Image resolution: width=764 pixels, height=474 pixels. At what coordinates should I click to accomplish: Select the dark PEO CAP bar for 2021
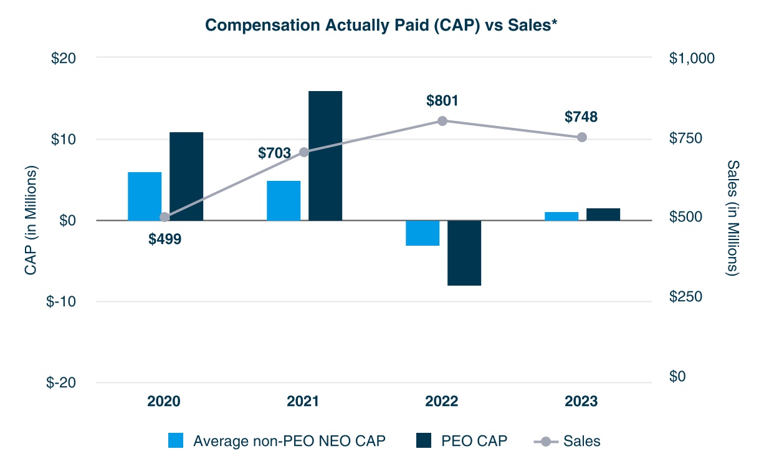pyautogui.click(x=325, y=155)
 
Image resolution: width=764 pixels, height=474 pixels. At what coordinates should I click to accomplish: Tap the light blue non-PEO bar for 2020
pyautogui.click(x=145, y=196)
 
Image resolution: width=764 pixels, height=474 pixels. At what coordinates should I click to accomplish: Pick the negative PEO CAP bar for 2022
pyautogui.click(x=464, y=253)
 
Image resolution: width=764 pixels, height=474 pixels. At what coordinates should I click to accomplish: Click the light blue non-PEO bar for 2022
pyautogui.click(x=423, y=233)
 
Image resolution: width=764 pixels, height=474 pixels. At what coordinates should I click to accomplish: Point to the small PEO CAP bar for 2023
pyautogui.click(x=603, y=214)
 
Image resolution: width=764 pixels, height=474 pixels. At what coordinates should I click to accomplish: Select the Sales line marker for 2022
pyautogui.click(x=442, y=120)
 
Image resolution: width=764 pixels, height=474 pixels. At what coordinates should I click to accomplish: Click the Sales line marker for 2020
pyautogui.click(x=165, y=217)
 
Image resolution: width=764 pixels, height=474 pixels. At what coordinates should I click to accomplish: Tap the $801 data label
pyautogui.click(x=442, y=100)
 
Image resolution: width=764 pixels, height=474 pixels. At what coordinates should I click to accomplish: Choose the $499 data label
pyautogui.click(x=165, y=239)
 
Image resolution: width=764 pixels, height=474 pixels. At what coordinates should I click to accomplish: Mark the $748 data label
pyautogui.click(x=581, y=117)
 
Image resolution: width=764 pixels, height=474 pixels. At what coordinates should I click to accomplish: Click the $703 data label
pyautogui.click(x=274, y=153)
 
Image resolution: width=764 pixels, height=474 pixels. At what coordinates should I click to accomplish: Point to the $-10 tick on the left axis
pyautogui.click(x=61, y=302)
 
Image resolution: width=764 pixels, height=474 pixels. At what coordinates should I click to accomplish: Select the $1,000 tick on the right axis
pyautogui.click(x=692, y=58)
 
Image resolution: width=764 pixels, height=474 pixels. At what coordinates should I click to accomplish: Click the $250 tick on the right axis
pyautogui.click(x=685, y=297)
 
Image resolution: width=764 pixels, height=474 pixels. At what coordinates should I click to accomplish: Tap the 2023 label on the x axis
pyautogui.click(x=581, y=401)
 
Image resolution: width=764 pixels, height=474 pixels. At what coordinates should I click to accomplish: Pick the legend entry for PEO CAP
pyautogui.click(x=461, y=441)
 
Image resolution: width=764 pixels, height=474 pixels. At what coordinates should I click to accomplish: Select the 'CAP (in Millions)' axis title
pyautogui.click(x=30, y=221)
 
